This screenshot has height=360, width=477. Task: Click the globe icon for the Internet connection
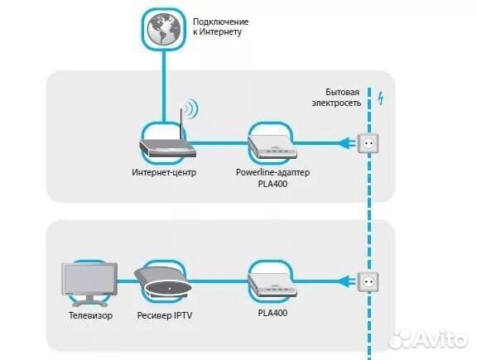click(164, 29)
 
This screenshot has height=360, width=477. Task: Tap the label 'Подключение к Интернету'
click(221, 26)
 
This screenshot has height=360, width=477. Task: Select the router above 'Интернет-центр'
click(167, 148)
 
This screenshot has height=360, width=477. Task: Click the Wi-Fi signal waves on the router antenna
click(191, 108)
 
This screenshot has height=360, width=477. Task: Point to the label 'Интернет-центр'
click(164, 172)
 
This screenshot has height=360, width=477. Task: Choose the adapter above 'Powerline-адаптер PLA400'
click(272, 147)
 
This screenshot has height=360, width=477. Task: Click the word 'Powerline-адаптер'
click(273, 172)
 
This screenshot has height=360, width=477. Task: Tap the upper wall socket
click(369, 143)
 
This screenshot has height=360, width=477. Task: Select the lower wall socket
click(368, 282)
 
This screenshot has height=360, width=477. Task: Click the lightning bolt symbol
click(380, 98)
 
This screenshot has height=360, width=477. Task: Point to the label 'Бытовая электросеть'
click(336, 98)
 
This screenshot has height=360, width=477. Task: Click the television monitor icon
click(89, 284)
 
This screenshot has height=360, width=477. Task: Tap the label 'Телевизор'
click(90, 315)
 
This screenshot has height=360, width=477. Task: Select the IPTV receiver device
click(163, 282)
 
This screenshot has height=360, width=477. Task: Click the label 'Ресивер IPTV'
click(165, 315)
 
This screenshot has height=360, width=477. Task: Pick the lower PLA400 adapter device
click(272, 285)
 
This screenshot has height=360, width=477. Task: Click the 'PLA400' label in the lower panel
click(272, 313)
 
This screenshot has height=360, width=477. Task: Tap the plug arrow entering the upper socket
click(348, 143)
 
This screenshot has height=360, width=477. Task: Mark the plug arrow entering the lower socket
click(348, 281)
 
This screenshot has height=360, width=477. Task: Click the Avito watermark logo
click(428, 338)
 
